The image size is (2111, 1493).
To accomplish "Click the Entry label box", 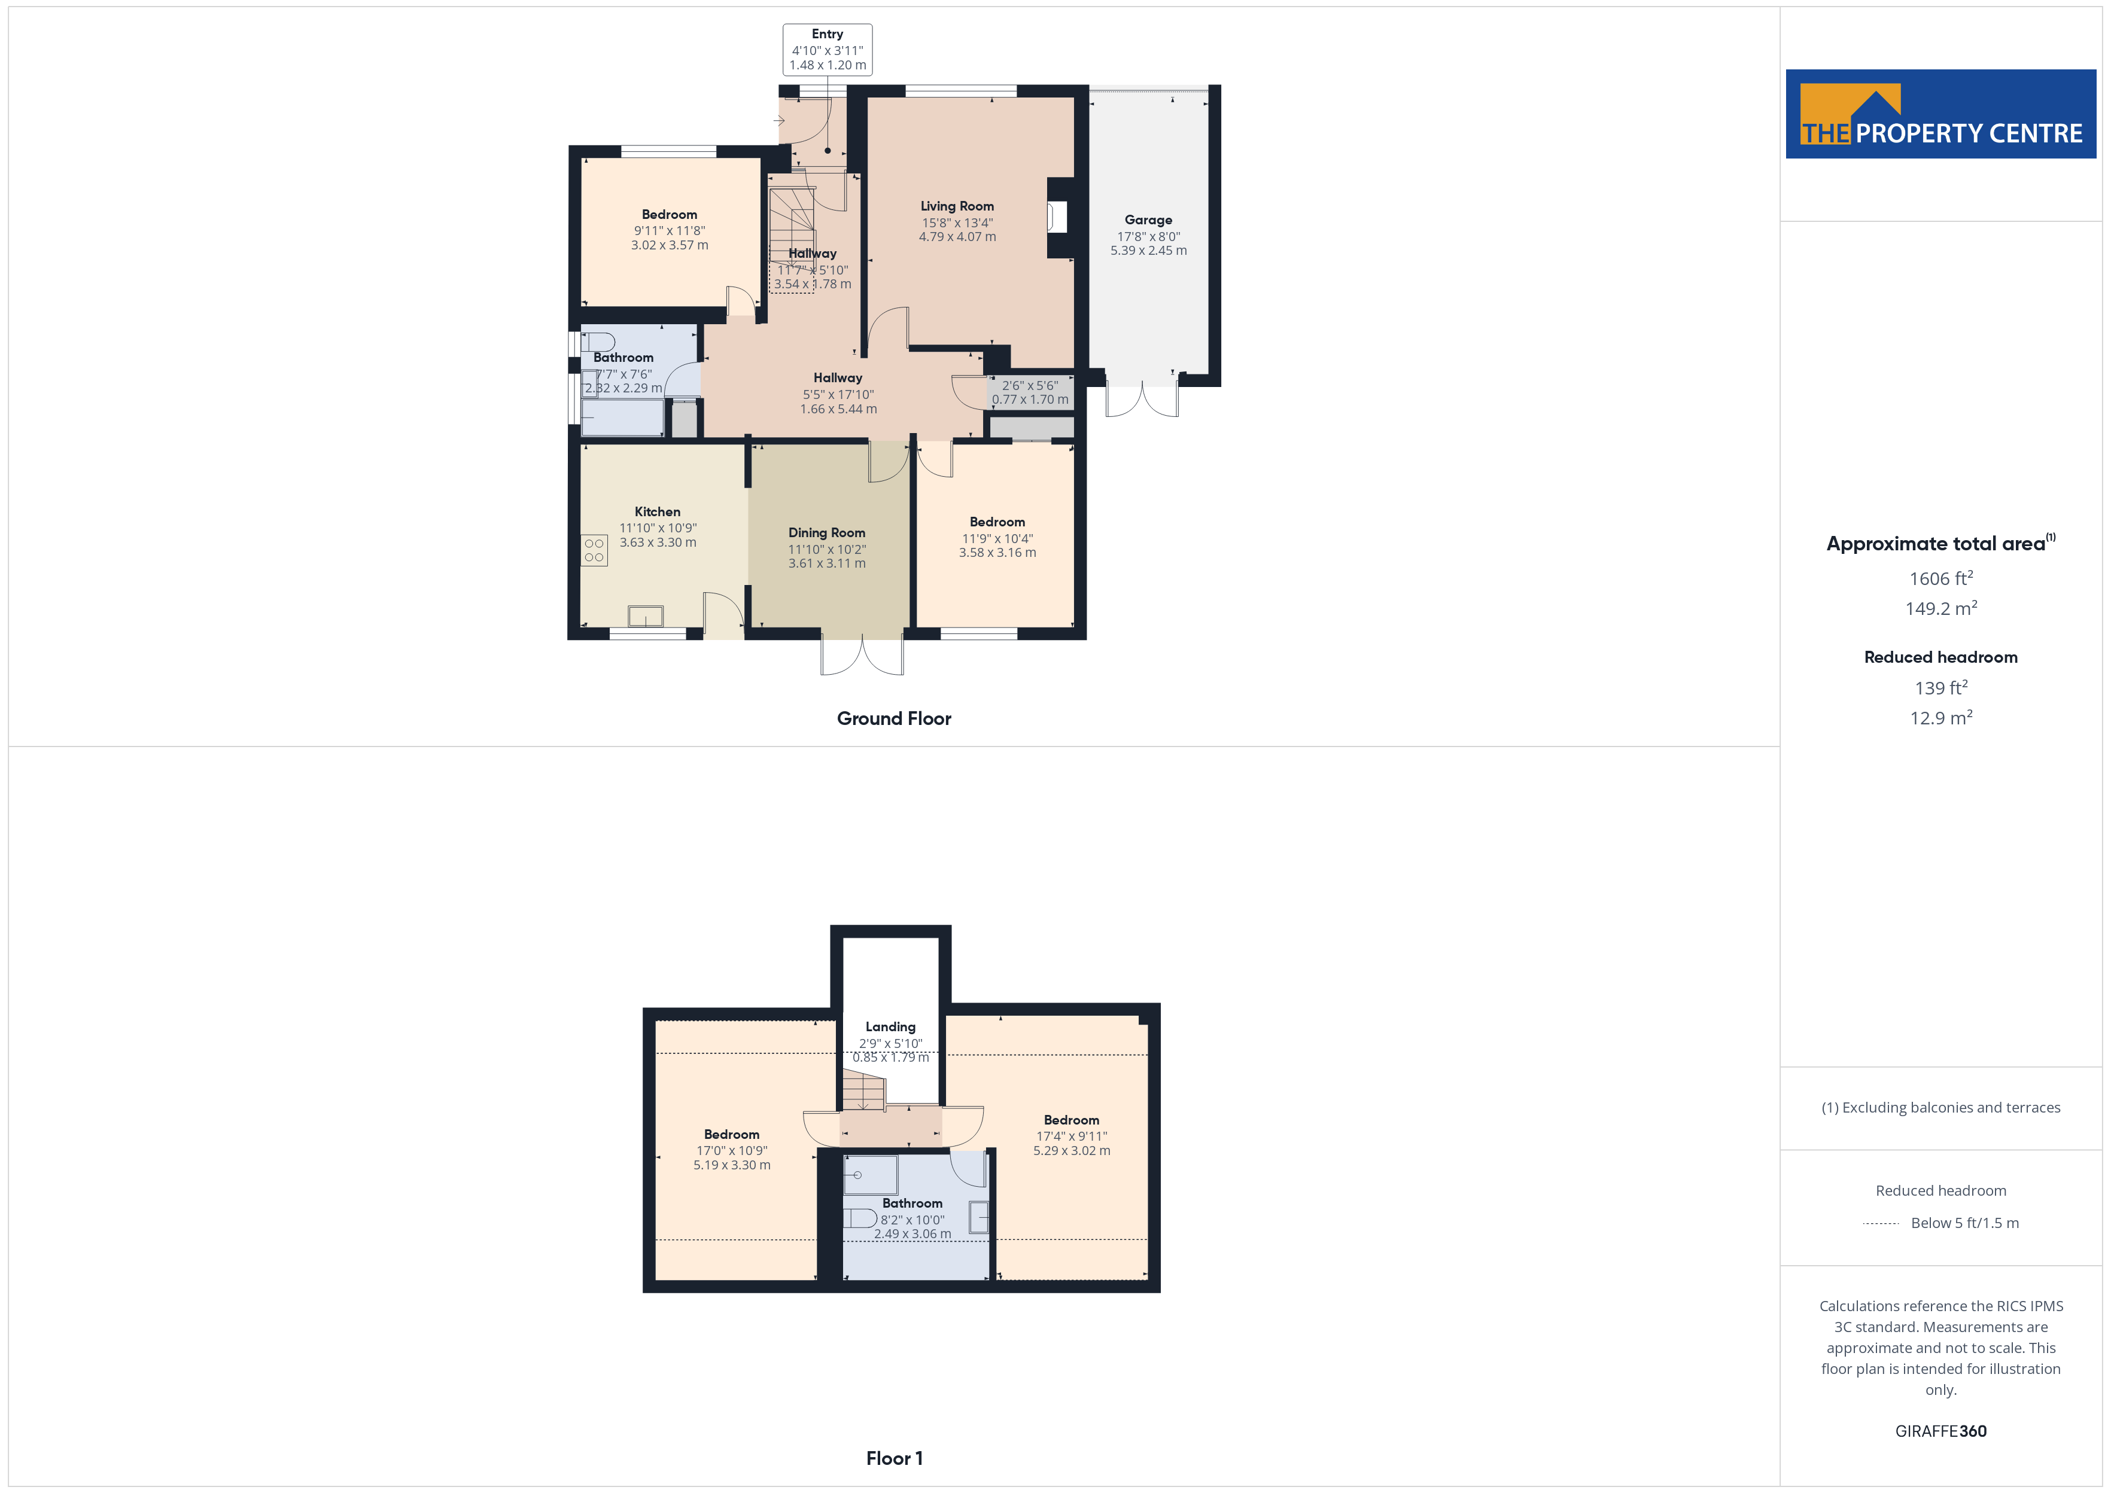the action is (x=828, y=50).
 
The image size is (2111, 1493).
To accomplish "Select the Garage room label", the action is (x=1148, y=220).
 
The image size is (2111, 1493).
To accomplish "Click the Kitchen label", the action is (x=658, y=512).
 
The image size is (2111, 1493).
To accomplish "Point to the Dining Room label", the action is (x=826, y=533).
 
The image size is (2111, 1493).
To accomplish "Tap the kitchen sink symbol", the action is (x=646, y=615).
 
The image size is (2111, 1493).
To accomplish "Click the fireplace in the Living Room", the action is (x=1057, y=217).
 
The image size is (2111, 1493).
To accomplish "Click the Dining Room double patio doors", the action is (x=862, y=656).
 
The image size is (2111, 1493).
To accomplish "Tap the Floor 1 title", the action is (x=894, y=1458).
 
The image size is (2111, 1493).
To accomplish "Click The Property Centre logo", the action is (x=1941, y=114).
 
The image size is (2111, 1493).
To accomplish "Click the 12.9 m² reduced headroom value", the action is (x=1941, y=718).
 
